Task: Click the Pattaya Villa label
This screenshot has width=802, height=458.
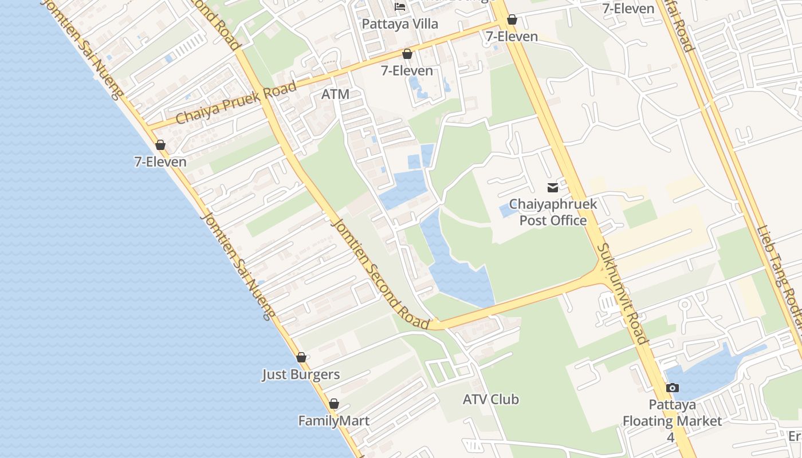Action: pyautogui.click(x=400, y=24)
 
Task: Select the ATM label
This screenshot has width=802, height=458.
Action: pyautogui.click(x=335, y=94)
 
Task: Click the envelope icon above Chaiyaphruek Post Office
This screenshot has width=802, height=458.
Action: pyautogui.click(x=552, y=187)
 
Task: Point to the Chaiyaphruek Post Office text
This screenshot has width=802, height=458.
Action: pyautogui.click(x=553, y=212)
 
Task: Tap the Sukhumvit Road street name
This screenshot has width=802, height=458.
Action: pyautogui.click(x=622, y=293)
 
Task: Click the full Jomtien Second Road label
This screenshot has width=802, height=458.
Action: pyautogui.click(x=380, y=273)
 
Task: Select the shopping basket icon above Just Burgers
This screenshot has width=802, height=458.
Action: pyautogui.click(x=301, y=357)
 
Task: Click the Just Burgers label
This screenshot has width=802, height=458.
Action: pyautogui.click(x=301, y=375)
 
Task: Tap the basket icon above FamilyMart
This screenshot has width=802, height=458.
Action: pyautogui.click(x=334, y=404)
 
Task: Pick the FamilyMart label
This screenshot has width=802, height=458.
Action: pyautogui.click(x=333, y=421)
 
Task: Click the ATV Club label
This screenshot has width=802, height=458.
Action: pyautogui.click(x=491, y=400)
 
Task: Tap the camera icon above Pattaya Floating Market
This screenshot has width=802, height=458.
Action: pyautogui.click(x=673, y=388)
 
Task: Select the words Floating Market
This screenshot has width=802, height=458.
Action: pyautogui.click(x=672, y=421)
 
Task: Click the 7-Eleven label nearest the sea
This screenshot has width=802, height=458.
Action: pyautogui.click(x=160, y=162)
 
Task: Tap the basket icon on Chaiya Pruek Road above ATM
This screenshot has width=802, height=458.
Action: pyautogui.click(x=407, y=54)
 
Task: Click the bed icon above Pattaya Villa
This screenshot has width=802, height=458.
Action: pyautogui.click(x=400, y=7)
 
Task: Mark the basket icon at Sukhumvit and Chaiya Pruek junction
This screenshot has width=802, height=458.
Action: pyautogui.click(x=512, y=20)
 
